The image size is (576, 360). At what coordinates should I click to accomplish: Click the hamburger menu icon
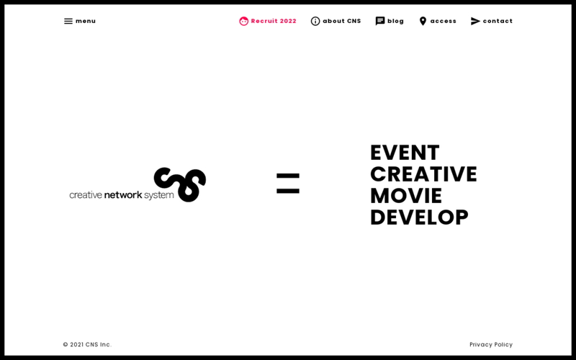click(x=68, y=22)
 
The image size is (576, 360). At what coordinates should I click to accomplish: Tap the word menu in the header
click(x=86, y=22)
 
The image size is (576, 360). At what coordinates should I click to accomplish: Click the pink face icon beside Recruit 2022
click(x=243, y=22)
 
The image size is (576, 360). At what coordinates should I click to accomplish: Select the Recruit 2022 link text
click(x=274, y=22)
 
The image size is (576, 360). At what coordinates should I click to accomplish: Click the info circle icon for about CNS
click(x=315, y=22)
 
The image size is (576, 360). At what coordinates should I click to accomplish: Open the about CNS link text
click(x=342, y=22)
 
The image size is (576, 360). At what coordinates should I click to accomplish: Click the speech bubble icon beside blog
click(x=380, y=22)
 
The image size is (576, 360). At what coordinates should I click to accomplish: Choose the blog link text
click(x=395, y=22)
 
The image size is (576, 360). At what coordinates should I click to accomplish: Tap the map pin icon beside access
click(x=423, y=22)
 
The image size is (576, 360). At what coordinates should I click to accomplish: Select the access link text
click(x=444, y=22)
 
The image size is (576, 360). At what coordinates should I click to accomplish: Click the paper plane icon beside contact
click(x=475, y=22)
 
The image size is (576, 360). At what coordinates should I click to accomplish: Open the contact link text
click(x=498, y=22)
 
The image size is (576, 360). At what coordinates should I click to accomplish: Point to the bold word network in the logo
click(x=123, y=194)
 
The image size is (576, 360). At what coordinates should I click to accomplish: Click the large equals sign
click(x=288, y=184)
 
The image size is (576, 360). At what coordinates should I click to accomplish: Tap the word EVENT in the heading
click(x=405, y=153)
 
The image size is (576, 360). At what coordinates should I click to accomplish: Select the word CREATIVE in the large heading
click(x=423, y=174)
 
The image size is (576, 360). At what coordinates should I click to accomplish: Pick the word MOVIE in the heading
click(x=406, y=196)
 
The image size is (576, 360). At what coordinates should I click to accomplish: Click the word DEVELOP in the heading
click(x=420, y=217)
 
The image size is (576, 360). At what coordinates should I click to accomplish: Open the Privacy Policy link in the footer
click(x=491, y=345)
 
